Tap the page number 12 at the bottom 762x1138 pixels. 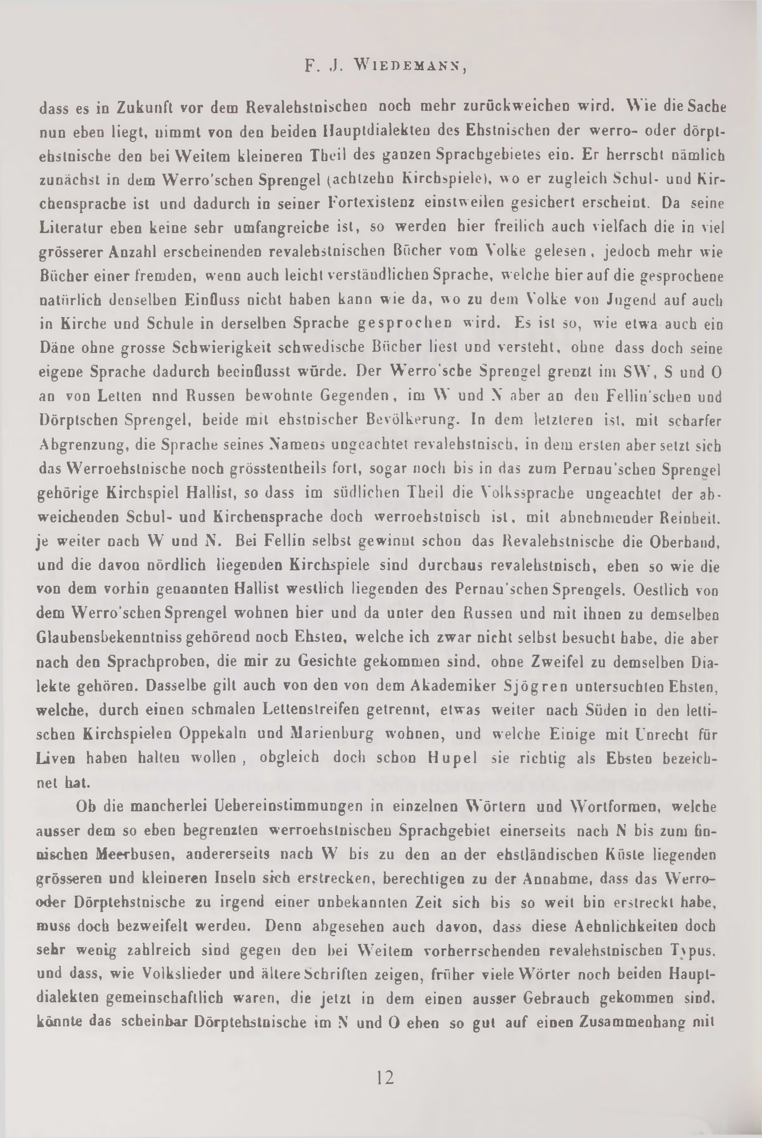pos(385,1078)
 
